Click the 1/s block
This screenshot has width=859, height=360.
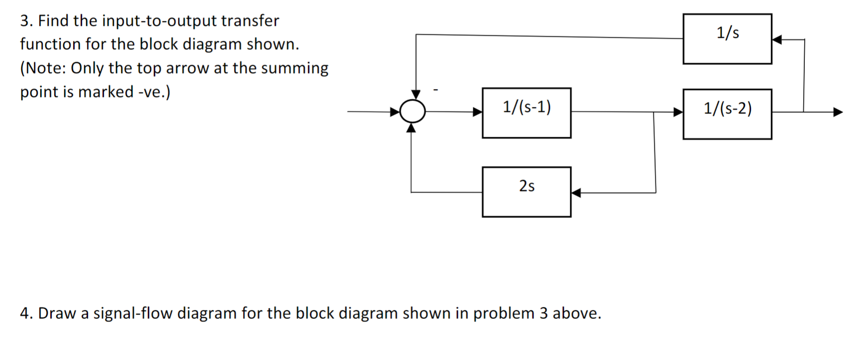coord(727,39)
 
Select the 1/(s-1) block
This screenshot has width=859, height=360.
coord(526,113)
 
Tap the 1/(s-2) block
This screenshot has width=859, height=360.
coord(727,114)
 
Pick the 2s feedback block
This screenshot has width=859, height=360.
coord(526,192)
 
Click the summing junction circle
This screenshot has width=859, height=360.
coord(413,111)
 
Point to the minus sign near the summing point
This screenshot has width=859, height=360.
coord(435,90)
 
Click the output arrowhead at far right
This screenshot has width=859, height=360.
coord(838,112)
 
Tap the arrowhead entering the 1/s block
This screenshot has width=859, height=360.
coord(777,39)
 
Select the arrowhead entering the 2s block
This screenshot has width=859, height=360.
coord(576,193)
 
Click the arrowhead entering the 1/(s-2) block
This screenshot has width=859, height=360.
coord(678,112)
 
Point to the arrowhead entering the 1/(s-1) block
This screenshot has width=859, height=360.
coord(477,112)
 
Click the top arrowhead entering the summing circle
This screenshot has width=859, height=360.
coord(416,94)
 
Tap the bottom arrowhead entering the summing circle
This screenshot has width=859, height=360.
coord(411,128)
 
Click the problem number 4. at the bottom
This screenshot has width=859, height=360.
coord(26,313)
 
